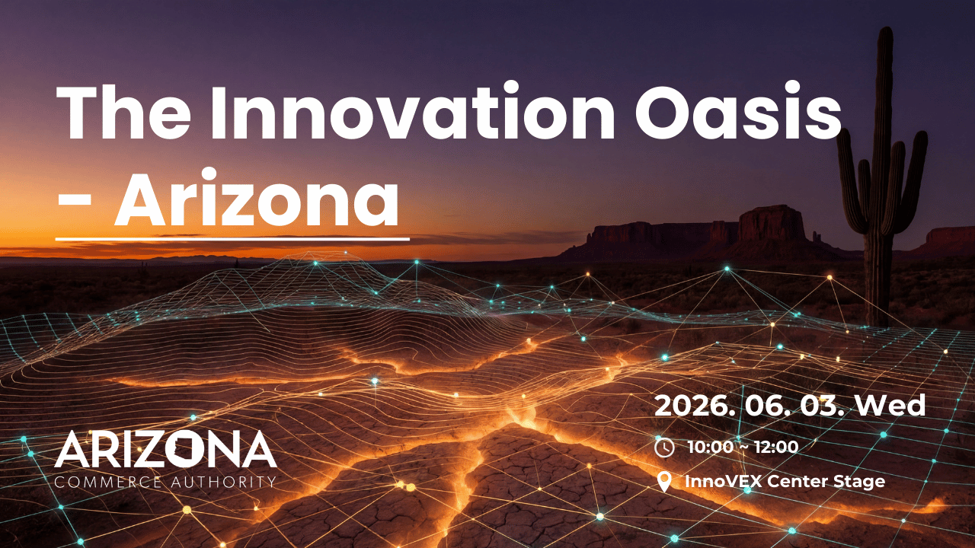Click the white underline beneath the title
click(x=232, y=239)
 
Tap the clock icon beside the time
click(x=664, y=448)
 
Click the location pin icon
click(x=664, y=481)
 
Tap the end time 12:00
click(x=776, y=448)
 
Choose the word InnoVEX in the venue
click(x=724, y=481)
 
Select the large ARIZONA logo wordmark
click(x=165, y=450)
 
